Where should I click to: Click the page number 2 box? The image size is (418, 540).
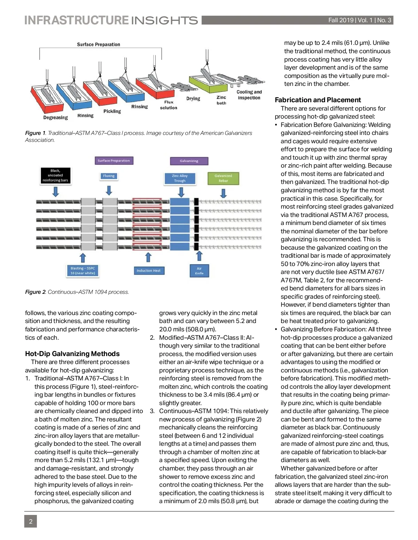(x=31, y=521)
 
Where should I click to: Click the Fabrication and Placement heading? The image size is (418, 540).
(x=318, y=100)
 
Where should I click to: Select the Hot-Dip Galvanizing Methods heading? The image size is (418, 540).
(x=72, y=354)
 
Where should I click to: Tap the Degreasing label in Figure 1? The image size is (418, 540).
(x=55, y=118)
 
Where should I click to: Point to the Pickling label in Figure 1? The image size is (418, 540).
(x=112, y=111)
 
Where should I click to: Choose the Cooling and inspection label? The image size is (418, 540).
(x=249, y=95)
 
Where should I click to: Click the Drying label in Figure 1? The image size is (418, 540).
(x=193, y=99)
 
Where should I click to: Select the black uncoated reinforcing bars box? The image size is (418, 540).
(x=55, y=176)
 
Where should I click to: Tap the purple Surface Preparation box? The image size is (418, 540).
(x=114, y=161)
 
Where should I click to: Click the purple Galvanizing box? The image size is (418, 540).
(x=189, y=161)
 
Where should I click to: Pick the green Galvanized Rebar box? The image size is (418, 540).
(x=223, y=178)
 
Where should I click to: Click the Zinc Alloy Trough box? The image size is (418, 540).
(x=180, y=178)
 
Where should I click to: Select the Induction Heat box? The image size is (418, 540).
(x=148, y=271)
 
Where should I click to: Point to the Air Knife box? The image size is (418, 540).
(x=199, y=271)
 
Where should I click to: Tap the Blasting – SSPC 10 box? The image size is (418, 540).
(x=83, y=271)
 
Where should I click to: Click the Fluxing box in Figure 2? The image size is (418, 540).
(x=109, y=176)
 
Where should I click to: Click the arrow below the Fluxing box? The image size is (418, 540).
(x=109, y=190)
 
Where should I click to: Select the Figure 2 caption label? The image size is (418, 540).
(x=35, y=292)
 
